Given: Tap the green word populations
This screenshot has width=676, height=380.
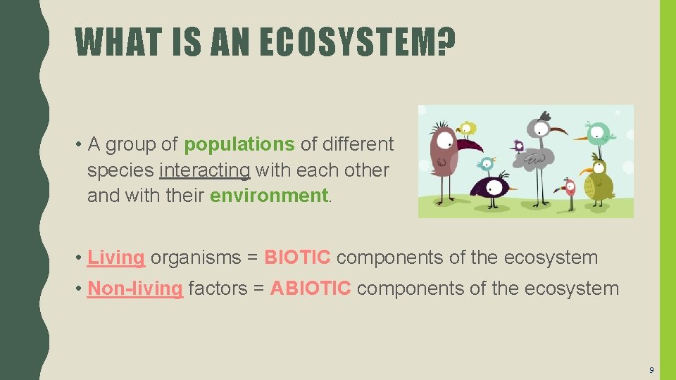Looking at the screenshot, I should pyautogui.click(x=239, y=144).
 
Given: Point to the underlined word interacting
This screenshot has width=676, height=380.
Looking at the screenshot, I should pyautogui.click(x=205, y=170).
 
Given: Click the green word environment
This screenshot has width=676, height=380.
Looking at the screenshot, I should pyautogui.click(x=268, y=196).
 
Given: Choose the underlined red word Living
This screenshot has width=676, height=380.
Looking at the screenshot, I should pyautogui.click(x=116, y=258).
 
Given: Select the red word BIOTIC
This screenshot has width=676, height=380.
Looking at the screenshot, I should pyautogui.click(x=297, y=258).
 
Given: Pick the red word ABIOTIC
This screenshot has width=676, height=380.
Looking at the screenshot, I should pyautogui.click(x=311, y=289).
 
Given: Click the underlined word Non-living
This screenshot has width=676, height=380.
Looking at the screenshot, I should pyautogui.click(x=135, y=289).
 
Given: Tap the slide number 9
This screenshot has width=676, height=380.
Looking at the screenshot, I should pyautogui.click(x=651, y=369).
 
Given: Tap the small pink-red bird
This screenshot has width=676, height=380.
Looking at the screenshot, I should pyautogui.click(x=569, y=187).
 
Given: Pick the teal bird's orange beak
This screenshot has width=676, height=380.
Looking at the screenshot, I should pyautogui.click(x=580, y=139).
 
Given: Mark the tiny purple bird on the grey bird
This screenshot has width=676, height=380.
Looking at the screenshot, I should pyautogui.click(x=519, y=146).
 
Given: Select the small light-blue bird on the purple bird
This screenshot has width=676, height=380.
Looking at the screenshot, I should pyautogui.click(x=485, y=165).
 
